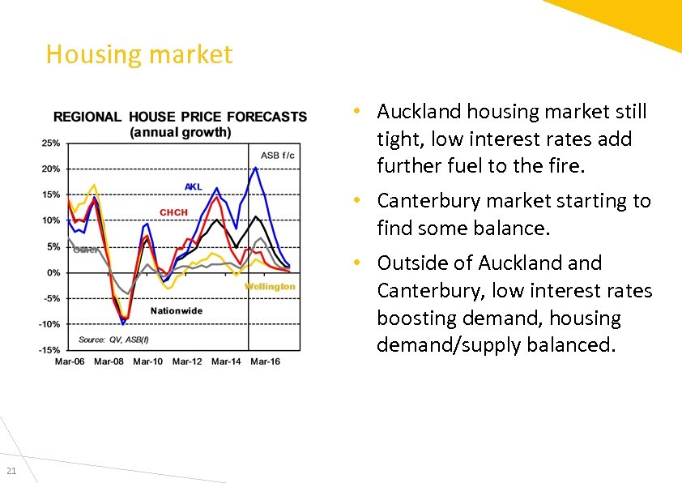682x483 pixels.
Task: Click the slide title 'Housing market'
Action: point(139,54)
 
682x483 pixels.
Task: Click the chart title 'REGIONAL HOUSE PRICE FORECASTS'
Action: point(180,117)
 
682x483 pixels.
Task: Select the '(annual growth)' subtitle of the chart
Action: point(180,131)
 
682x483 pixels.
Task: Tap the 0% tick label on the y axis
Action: point(53,273)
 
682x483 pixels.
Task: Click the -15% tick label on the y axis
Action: point(50,350)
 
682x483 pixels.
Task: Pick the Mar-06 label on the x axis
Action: point(70,361)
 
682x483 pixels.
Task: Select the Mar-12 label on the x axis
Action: point(186,361)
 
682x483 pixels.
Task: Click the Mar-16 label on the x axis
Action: point(264,361)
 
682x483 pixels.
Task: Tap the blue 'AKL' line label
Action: point(194,187)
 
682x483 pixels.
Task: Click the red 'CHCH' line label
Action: point(173,212)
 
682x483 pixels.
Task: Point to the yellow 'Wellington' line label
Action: point(270,287)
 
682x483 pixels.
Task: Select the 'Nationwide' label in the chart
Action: point(177,311)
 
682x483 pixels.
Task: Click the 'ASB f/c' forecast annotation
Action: point(278,155)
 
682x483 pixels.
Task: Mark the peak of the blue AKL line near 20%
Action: point(256,168)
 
